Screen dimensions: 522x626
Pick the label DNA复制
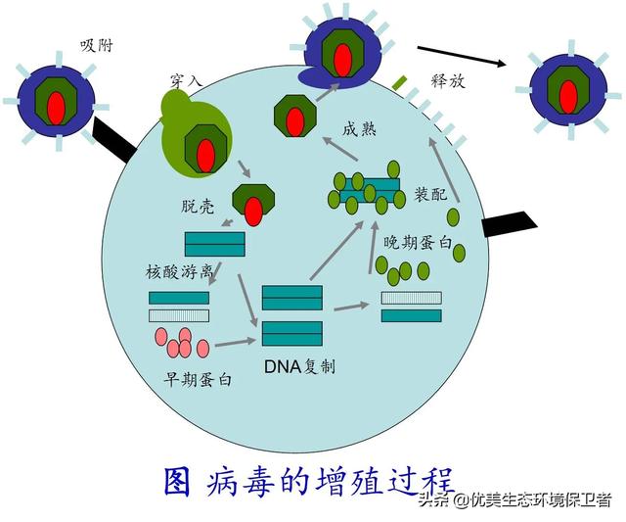pyautogui.click(x=299, y=367)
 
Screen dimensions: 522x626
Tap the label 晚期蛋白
pyautogui.click(x=417, y=242)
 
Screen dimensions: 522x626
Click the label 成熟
pyautogui.click(x=359, y=129)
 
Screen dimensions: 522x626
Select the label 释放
pyautogui.click(x=448, y=82)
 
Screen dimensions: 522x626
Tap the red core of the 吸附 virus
pyautogui.click(x=56, y=103)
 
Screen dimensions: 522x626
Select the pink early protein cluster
pyautogui.click(x=181, y=342)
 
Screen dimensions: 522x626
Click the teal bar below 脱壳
pyautogui.click(x=214, y=243)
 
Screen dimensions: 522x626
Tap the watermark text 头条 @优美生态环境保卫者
pyautogui.click(x=514, y=499)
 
